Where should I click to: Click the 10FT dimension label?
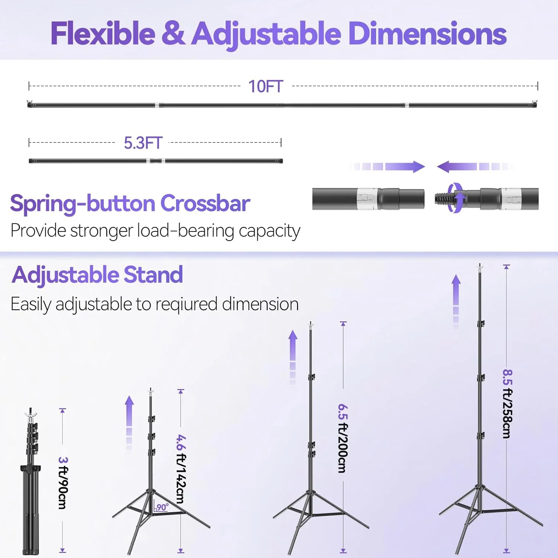[x=266, y=86]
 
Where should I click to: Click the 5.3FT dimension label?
[x=143, y=143]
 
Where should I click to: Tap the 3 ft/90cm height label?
[x=63, y=483]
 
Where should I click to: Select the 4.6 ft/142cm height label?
[x=181, y=469]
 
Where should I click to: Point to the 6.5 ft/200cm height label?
[x=343, y=438]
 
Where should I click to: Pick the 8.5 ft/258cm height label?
[x=507, y=404]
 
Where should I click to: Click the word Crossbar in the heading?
[x=205, y=203]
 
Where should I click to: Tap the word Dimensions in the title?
[x=427, y=34]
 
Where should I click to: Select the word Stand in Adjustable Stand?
[x=153, y=275]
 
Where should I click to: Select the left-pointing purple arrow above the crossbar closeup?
[x=475, y=166]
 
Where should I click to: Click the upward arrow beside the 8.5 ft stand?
[x=456, y=301]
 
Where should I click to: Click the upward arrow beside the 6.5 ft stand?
[x=293, y=357]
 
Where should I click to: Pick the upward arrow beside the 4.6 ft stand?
[x=129, y=423]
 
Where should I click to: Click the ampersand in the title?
[x=173, y=33]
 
